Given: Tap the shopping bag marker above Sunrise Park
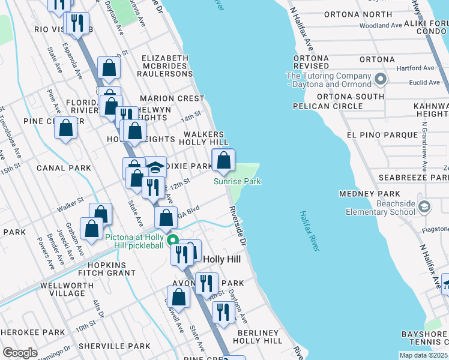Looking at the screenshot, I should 224,161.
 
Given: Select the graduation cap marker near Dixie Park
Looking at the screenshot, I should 155,167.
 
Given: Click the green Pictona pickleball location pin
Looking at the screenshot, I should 173,241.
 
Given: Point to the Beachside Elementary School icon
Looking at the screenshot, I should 424,207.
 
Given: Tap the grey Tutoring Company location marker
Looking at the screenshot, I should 379,79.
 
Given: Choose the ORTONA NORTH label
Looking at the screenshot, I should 358,14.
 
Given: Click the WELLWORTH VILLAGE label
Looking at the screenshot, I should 62,289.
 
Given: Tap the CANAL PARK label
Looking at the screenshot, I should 63,167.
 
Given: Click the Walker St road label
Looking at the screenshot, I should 71,208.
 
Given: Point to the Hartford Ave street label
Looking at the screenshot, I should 418,68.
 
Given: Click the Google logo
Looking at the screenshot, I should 20,353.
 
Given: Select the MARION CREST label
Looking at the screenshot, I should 172,98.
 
